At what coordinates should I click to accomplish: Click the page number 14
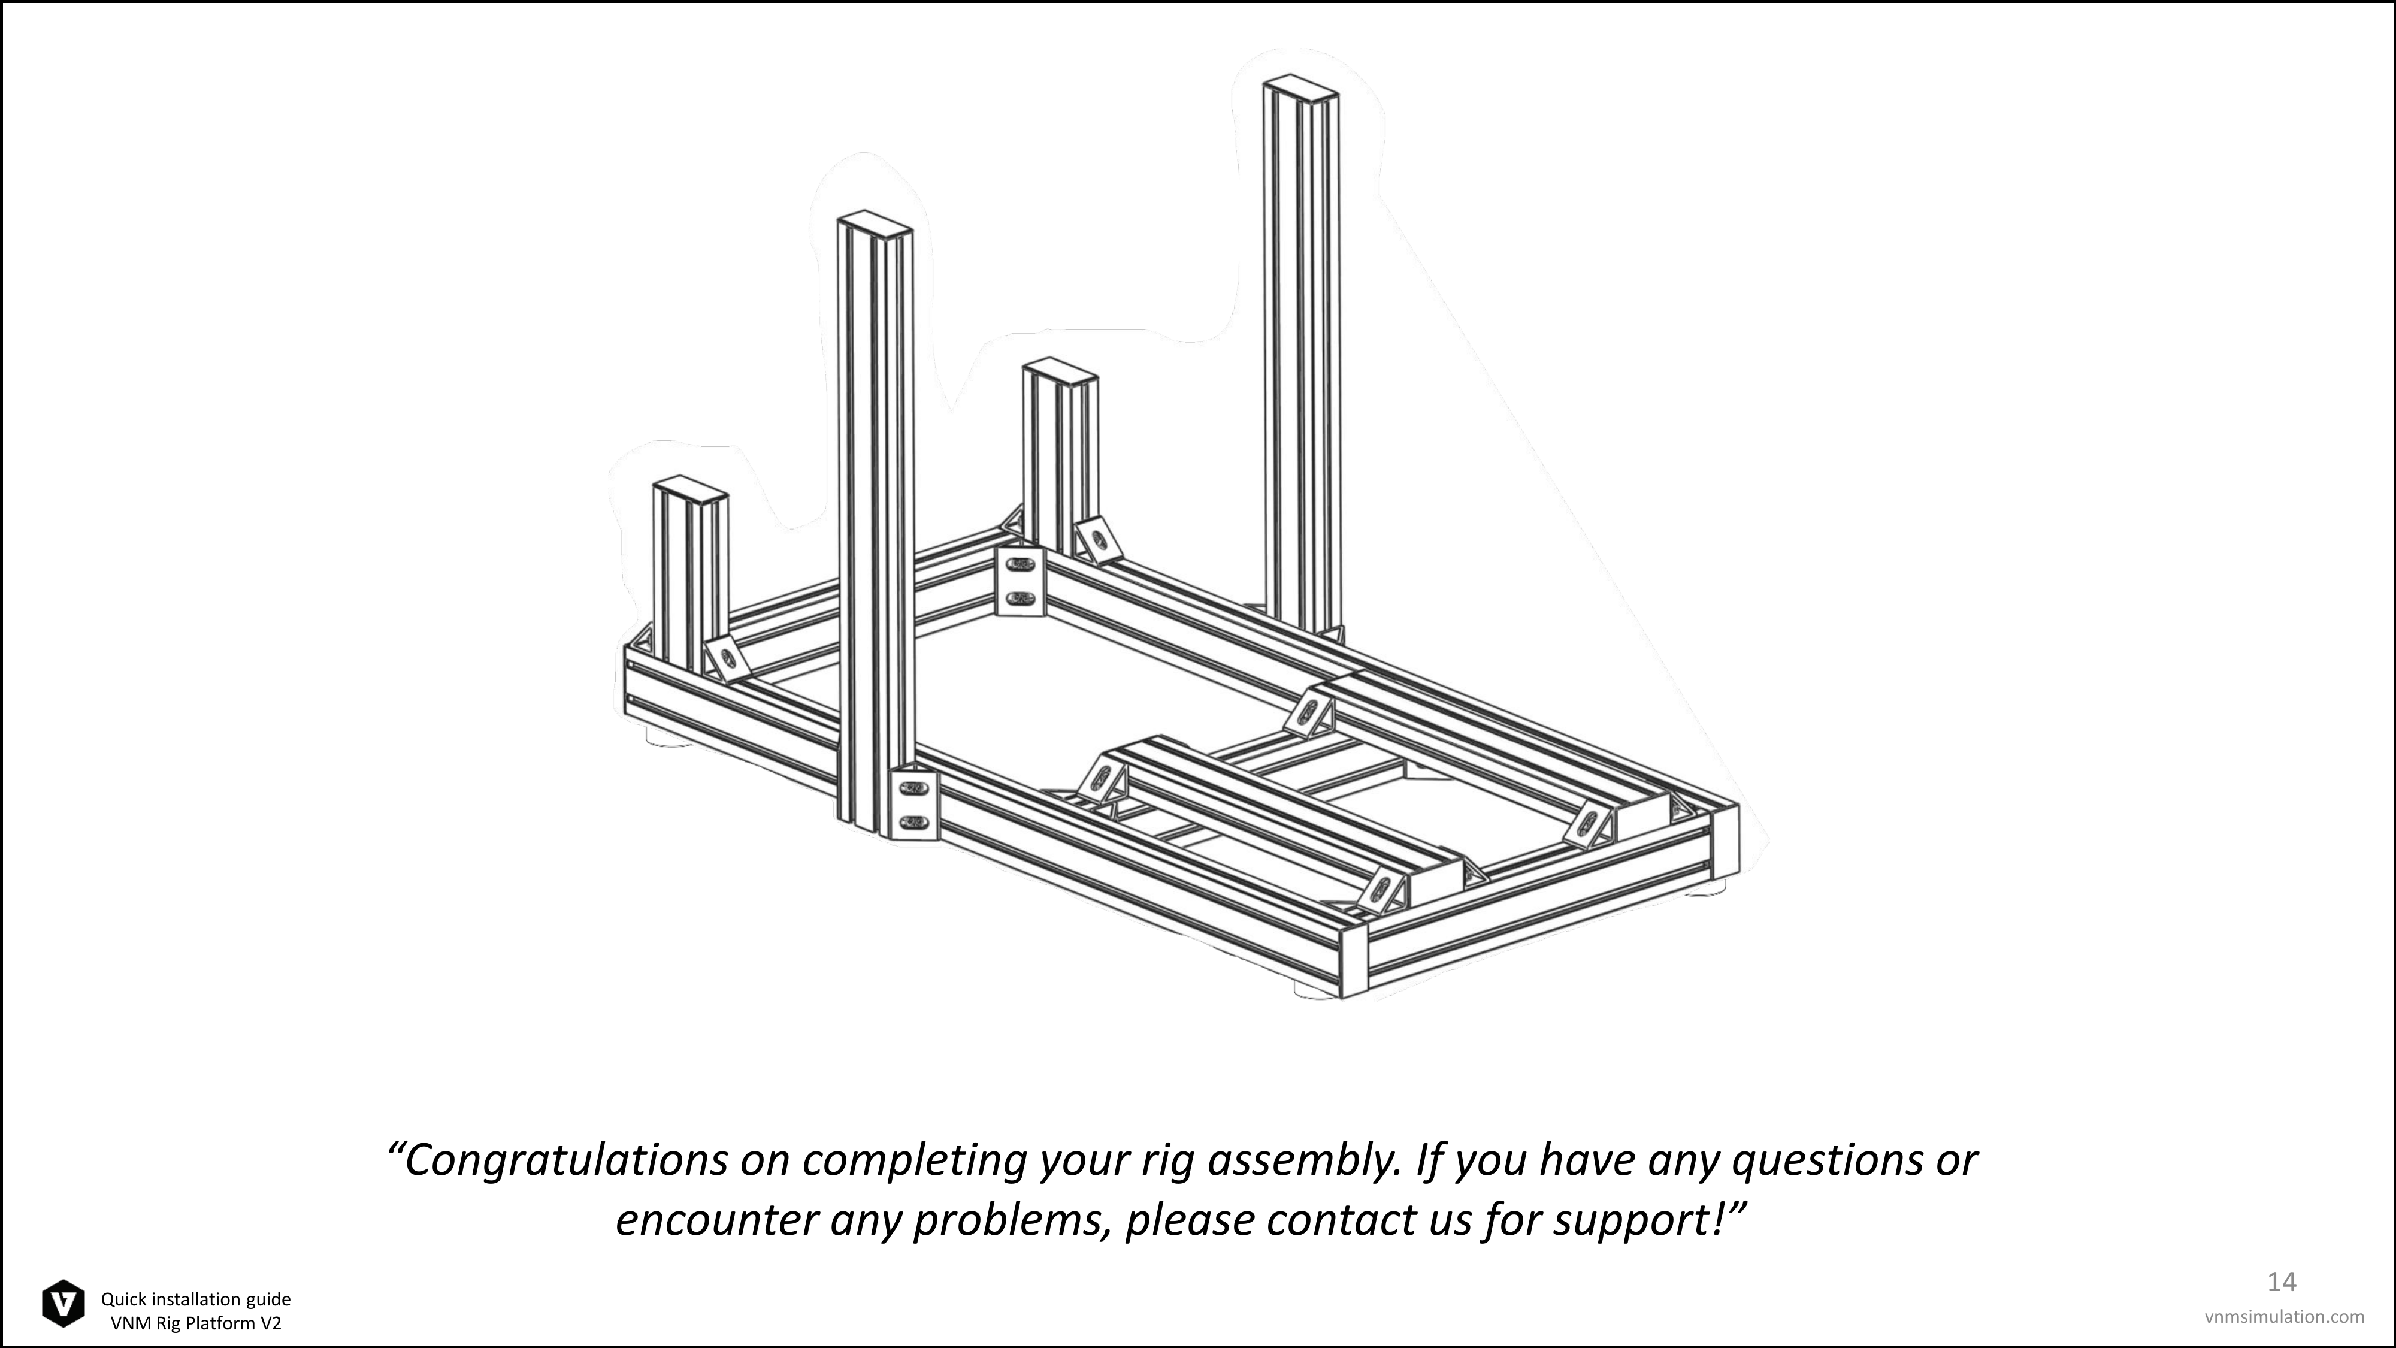click(x=2282, y=1282)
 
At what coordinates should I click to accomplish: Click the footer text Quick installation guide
click(x=196, y=1299)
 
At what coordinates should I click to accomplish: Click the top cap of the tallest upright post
click(x=1300, y=89)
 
